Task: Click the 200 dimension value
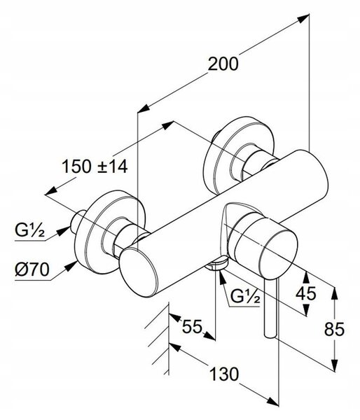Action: [x=223, y=64]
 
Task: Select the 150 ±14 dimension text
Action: [x=95, y=166]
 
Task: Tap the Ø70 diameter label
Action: [x=32, y=269]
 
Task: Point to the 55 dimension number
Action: [x=192, y=326]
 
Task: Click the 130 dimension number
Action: [x=224, y=374]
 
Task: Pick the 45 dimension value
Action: [x=306, y=293]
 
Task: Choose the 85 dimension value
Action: [x=334, y=329]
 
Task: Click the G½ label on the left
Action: [x=29, y=230]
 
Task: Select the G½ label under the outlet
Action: [x=245, y=296]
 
